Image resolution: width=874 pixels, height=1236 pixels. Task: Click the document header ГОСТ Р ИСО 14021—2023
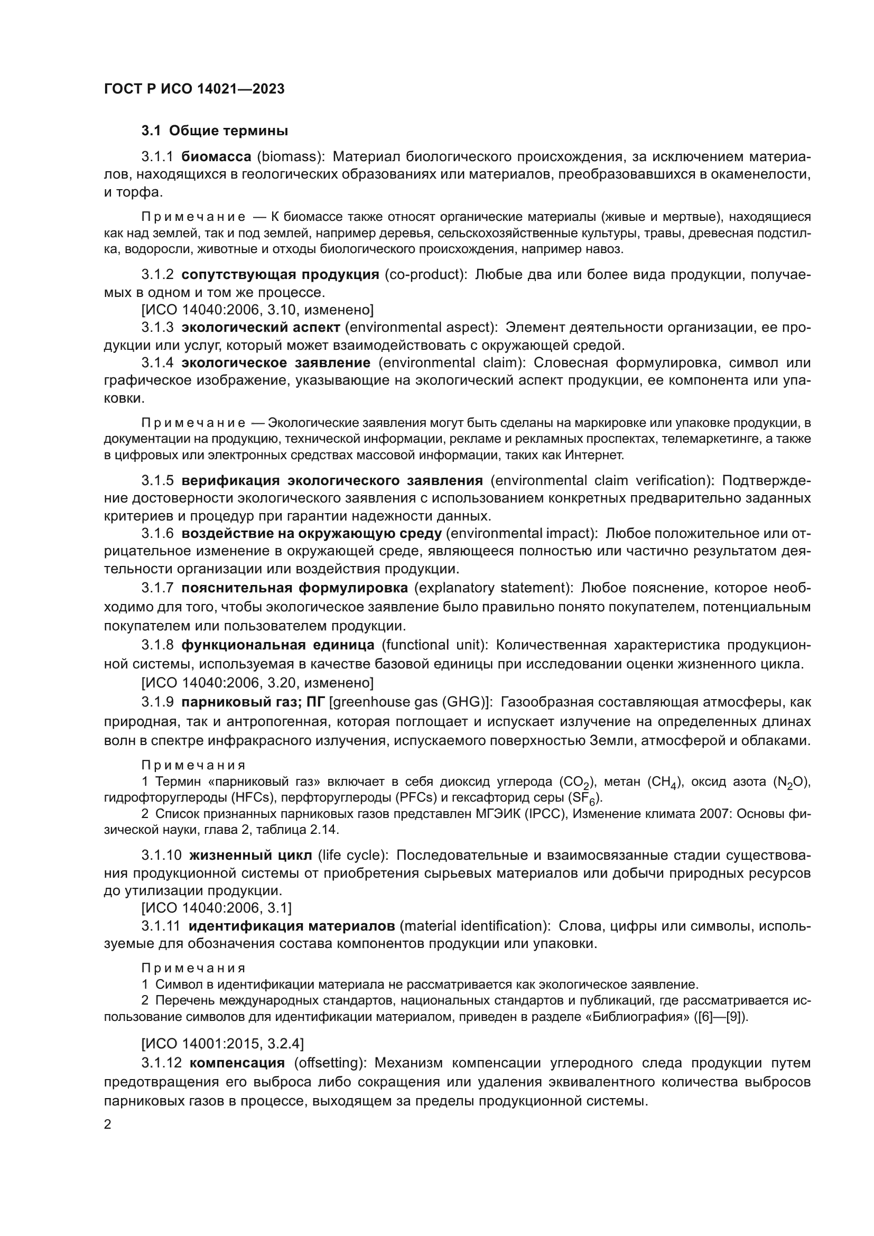(x=194, y=89)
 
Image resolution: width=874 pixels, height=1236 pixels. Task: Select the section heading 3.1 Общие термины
(x=215, y=131)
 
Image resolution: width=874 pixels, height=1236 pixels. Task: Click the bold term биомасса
(x=216, y=156)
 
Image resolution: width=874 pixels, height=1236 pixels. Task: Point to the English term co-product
(x=425, y=275)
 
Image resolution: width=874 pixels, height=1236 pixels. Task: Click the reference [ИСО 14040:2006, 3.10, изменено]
(x=257, y=310)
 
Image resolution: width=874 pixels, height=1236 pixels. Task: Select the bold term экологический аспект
(x=261, y=327)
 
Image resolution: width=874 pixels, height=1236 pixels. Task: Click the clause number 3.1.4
(x=157, y=363)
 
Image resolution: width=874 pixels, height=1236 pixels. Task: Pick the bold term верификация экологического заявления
(x=332, y=480)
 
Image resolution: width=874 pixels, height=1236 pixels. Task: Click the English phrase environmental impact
(x=522, y=534)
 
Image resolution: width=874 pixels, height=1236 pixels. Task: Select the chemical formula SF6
(x=588, y=798)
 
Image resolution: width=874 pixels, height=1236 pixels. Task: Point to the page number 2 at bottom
(x=108, y=1125)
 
